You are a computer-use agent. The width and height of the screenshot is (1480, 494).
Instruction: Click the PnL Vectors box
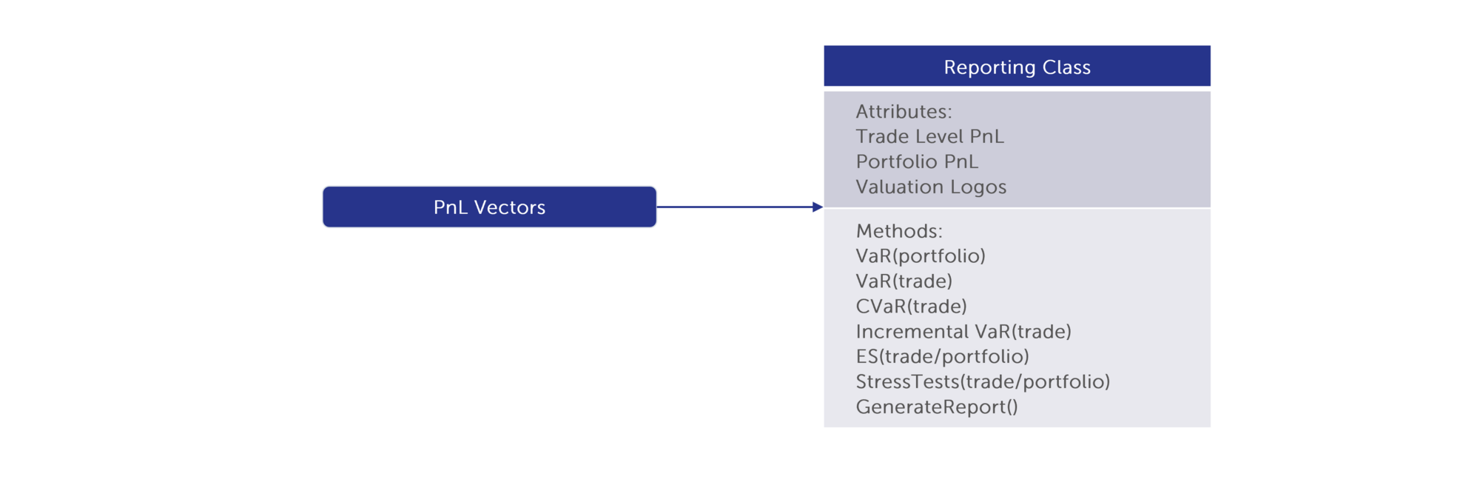pyautogui.click(x=489, y=207)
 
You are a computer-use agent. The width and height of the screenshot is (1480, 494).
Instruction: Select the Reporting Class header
pyautogui.click(x=1017, y=66)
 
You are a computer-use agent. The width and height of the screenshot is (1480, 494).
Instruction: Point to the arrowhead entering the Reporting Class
pyautogui.click(x=818, y=207)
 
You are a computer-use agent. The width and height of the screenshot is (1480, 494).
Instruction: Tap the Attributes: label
pyautogui.click(x=904, y=112)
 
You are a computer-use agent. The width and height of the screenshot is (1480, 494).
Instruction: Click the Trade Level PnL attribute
pyautogui.click(x=929, y=136)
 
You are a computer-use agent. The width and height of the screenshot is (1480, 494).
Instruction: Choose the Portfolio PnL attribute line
pyautogui.click(x=917, y=161)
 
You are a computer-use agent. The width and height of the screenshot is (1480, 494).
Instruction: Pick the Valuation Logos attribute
pyautogui.click(x=931, y=187)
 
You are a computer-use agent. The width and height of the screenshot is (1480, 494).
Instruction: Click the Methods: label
pyautogui.click(x=899, y=231)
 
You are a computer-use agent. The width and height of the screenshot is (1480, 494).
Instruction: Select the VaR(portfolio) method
pyautogui.click(x=921, y=256)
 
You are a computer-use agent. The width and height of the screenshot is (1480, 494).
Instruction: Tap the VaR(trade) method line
pyautogui.click(x=904, y=281)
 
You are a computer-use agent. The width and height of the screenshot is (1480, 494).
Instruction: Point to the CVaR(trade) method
pyautogui.click(x=912, y=307)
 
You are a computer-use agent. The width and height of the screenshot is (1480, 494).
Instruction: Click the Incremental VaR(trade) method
pyautogui.click(x=963, y=332)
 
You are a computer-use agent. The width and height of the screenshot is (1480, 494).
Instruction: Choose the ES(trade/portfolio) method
pyautogui.click(x=943, y=357)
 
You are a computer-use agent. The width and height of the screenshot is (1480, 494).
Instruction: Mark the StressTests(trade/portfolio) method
pyautogui.click(x=983, y=382)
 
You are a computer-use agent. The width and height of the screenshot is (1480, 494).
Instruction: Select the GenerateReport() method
pyautogui.click(x=937, y=407)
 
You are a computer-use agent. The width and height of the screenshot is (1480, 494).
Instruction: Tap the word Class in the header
pyautogui.click(x=1066, y=67)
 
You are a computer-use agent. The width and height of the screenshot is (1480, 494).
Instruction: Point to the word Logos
pyautogui.click(x=978, y=187)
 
